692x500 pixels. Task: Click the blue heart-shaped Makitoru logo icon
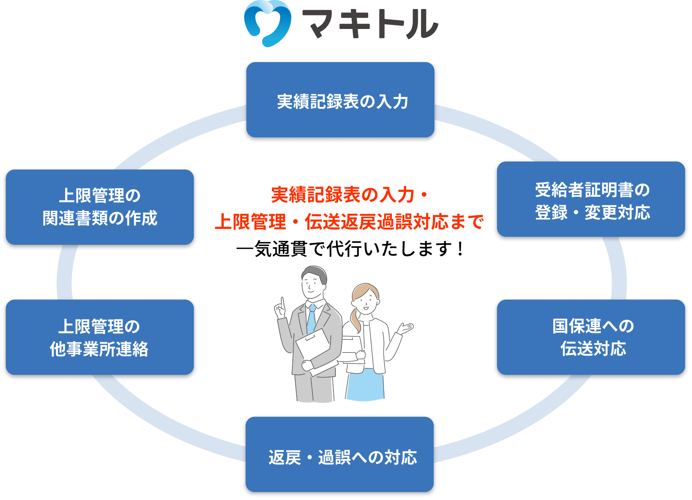[267, 23]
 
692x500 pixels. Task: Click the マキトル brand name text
[370, 24]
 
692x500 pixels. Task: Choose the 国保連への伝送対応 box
[591, 337]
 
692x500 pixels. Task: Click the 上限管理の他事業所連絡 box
[100, 337]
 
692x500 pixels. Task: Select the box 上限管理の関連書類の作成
[100, 207]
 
